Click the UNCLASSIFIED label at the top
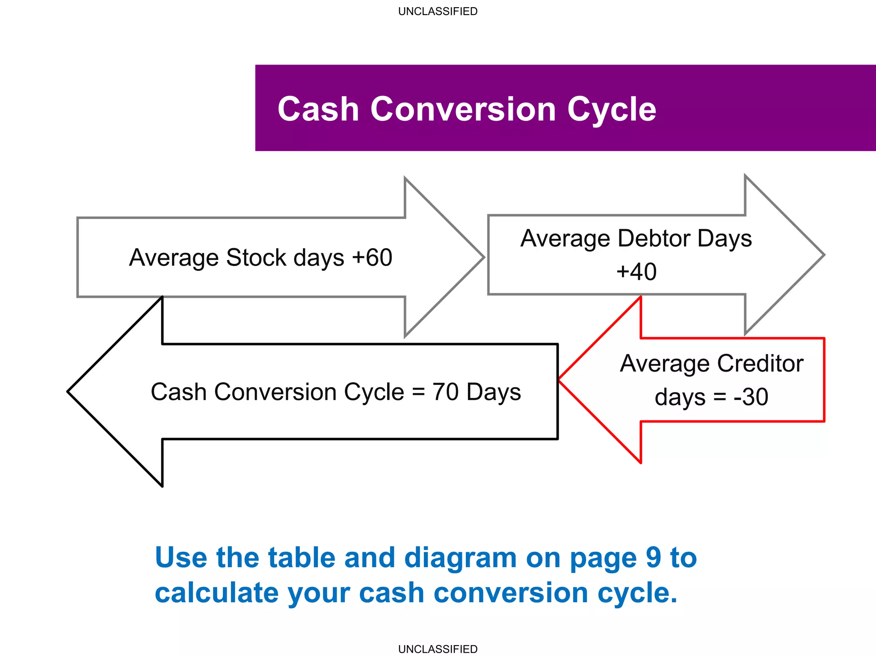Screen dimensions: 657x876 pos(438,12)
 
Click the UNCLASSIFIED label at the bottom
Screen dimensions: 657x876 pos(438,649)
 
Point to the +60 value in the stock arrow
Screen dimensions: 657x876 pos(372,257)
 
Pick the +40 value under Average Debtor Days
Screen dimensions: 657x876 pos(636,272)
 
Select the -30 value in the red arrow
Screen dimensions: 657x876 pos(751,397)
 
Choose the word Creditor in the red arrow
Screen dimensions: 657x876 pos(760,364)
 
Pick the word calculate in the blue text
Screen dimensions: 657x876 pos(216,593)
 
